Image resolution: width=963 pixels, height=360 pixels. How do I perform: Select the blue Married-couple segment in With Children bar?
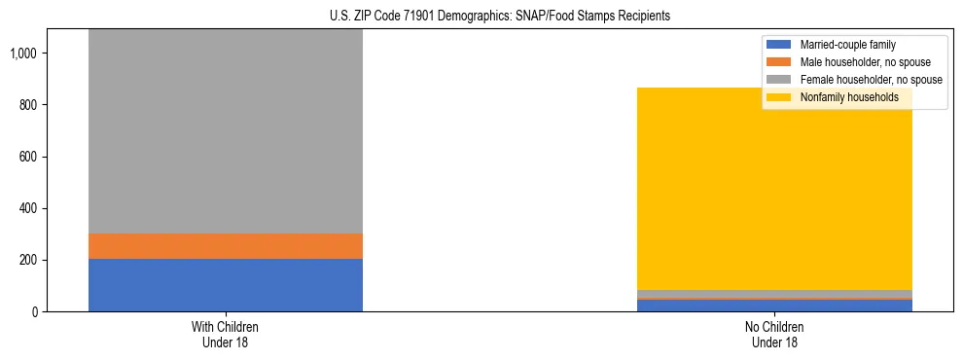[225, 284]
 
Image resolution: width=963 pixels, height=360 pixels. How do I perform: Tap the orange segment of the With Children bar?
[225, 246]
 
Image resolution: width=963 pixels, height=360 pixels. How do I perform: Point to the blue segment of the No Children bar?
[774, 306]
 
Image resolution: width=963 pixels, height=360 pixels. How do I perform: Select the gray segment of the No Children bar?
[774, 294]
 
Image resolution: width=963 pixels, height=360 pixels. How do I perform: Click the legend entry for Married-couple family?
[847, 45]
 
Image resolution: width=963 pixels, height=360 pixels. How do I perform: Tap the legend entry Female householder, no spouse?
[870, 80]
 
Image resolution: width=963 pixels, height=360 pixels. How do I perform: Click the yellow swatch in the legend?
[779, 97]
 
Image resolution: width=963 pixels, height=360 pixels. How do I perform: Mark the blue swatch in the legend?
[779, 45]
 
